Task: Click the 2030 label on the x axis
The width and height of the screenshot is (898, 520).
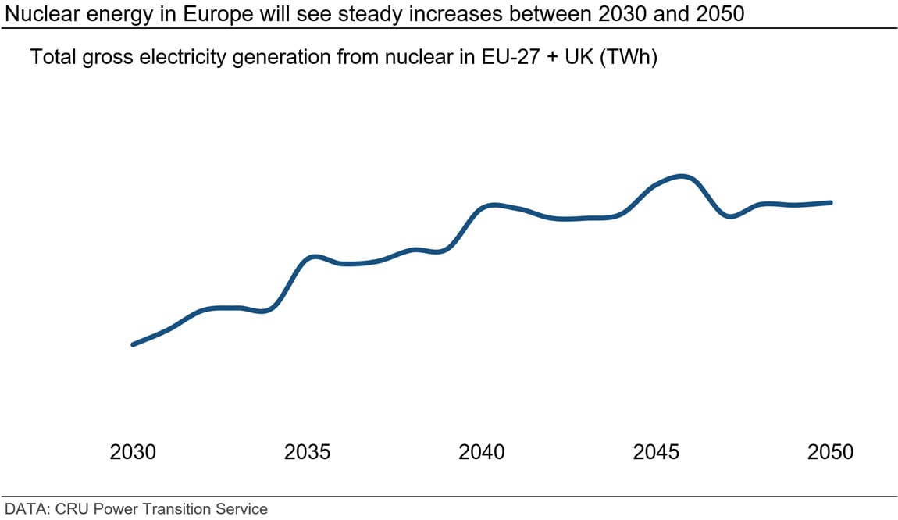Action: [133, 452]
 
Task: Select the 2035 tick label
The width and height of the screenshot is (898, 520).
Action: [307, 452]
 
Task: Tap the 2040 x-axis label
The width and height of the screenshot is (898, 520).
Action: [482, 452]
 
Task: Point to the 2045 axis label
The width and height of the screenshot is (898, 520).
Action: [656, 452]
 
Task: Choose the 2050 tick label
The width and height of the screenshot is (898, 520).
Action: [831, 452]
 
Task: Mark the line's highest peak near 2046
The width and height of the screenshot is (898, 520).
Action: [682, 176]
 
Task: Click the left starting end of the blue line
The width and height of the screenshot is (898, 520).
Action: [133, 344]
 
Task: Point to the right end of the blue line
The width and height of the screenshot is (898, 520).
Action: [831, 202]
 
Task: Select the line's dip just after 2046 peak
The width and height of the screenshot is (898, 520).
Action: [729, 216]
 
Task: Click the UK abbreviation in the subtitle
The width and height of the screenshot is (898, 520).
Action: [580, 59]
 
